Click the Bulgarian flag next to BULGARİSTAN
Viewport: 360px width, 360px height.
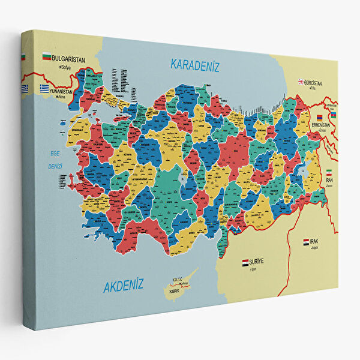[x=46, y=58]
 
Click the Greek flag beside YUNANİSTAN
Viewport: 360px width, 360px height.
[x=44, y=88]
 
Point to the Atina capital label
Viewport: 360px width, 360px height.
[x=59, y=97]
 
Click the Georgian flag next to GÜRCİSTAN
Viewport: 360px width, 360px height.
[x=301, y=82]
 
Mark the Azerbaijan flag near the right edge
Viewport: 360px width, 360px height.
[x=334, y=115]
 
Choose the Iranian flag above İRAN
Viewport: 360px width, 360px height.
[x=328, y=172]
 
